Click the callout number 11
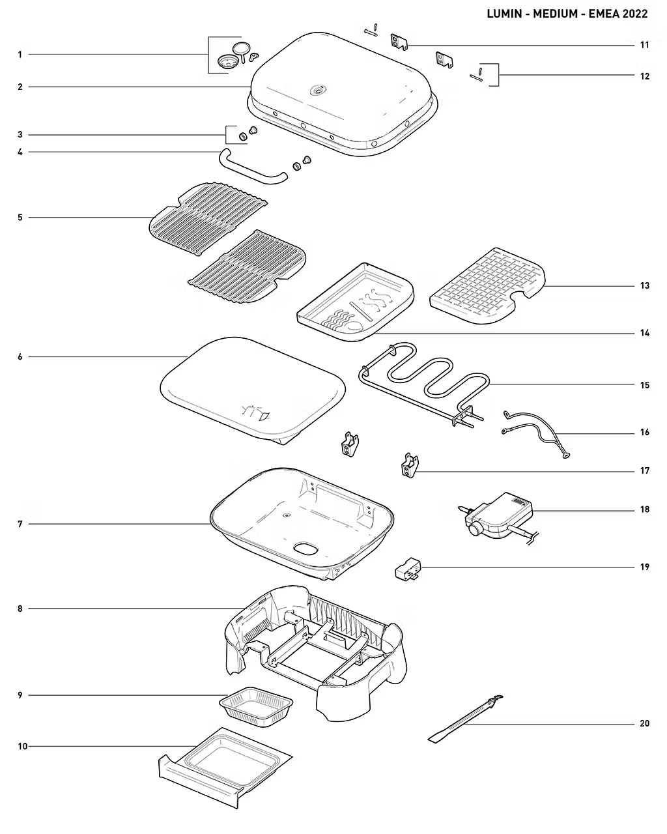tap(644, 45)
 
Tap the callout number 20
tap(644, 723)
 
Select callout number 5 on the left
tap(20, 217)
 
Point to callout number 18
tap(644, 510)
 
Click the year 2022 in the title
tap(635, 14)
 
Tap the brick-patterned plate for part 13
tap(485, 287)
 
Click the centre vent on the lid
tap(319, 91)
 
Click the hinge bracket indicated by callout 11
tap(398, 42)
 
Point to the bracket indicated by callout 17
tap(408, 466)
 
